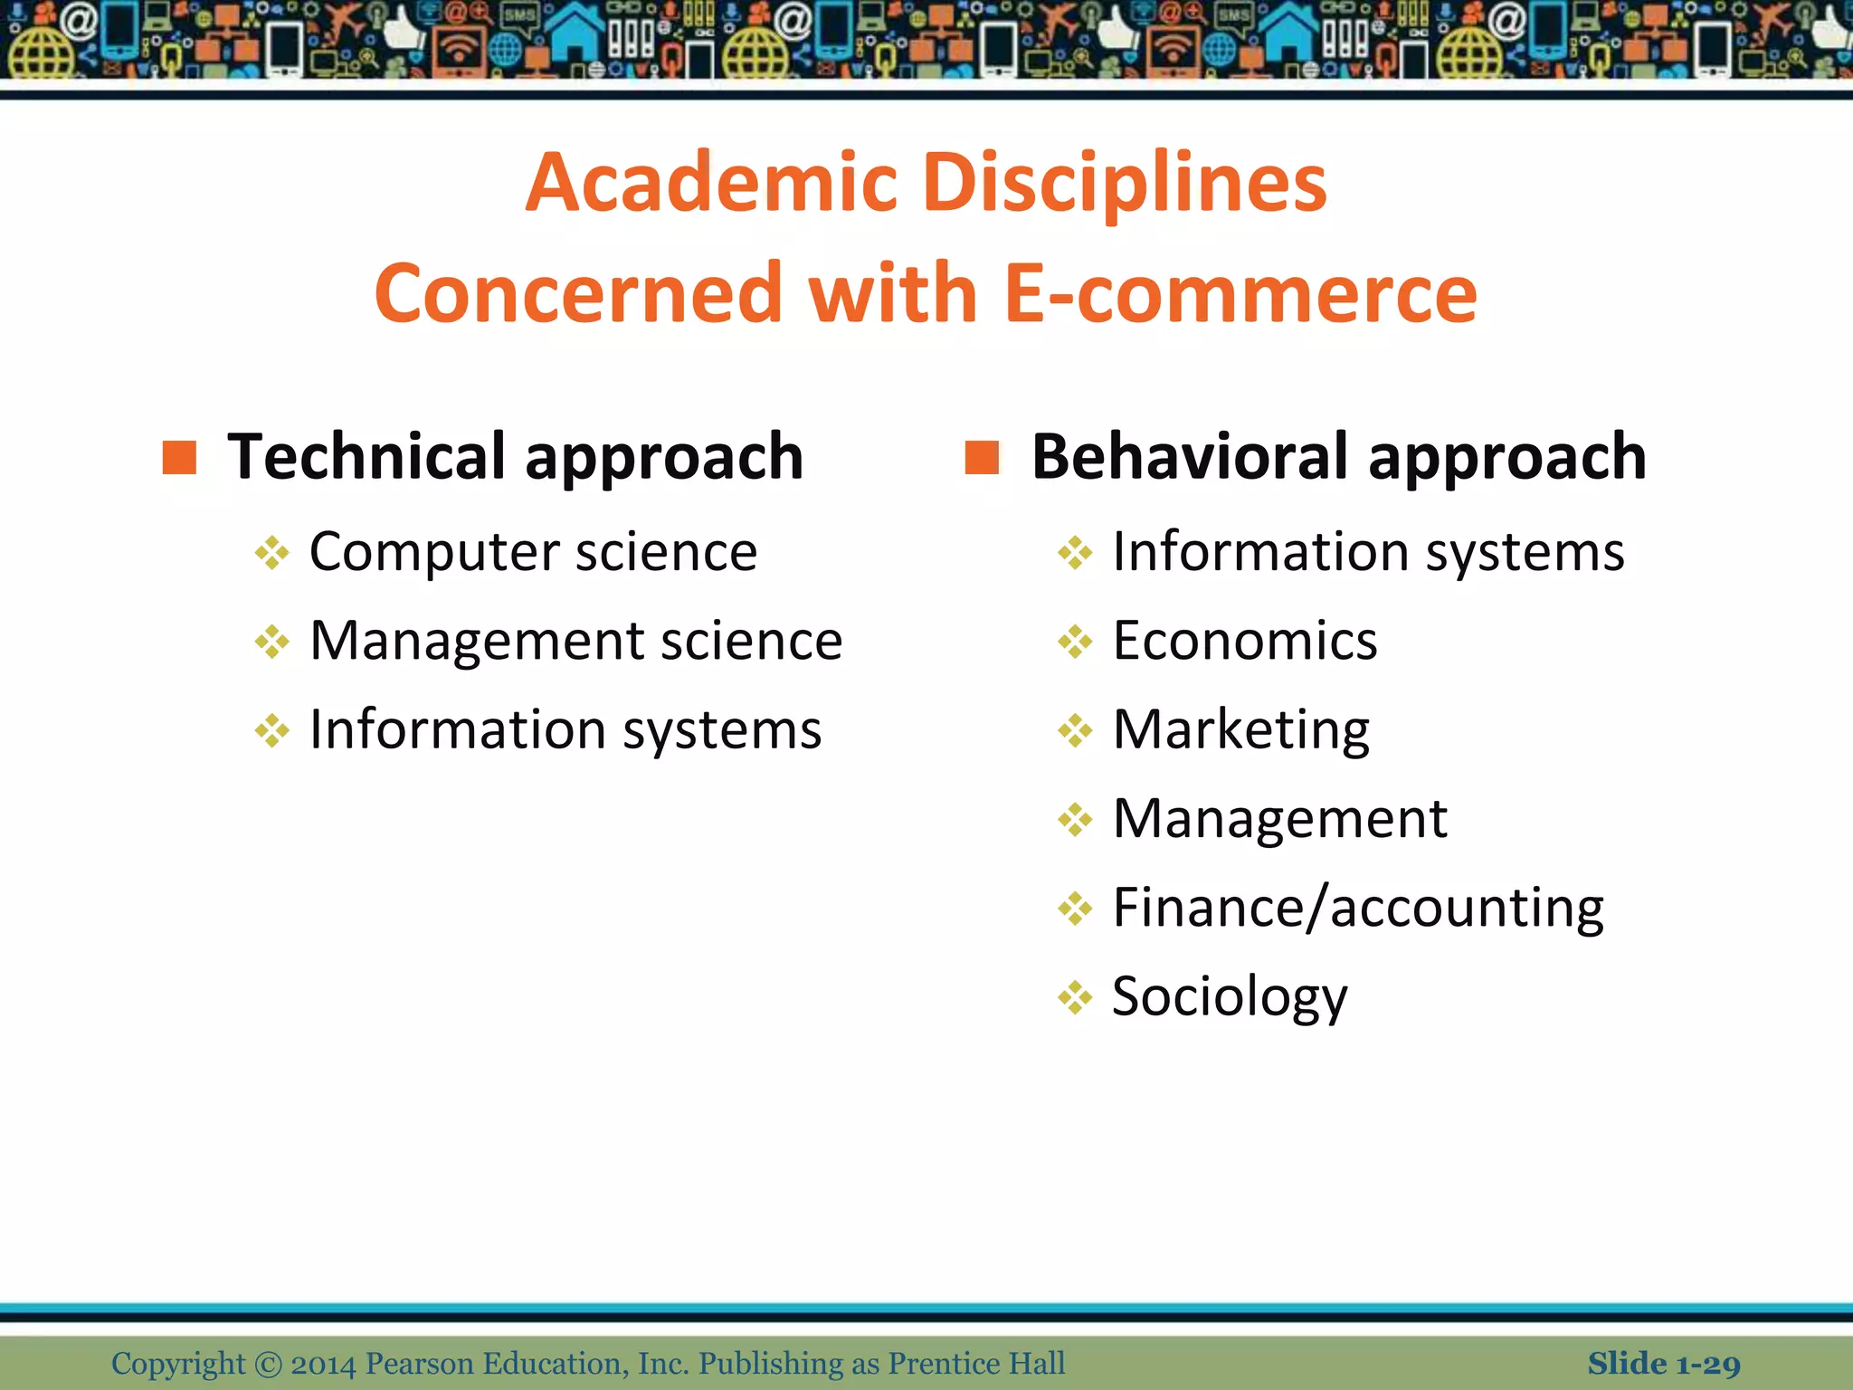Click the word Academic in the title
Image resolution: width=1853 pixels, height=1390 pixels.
coord(711,184)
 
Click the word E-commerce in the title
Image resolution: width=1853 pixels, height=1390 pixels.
coord(1240,294)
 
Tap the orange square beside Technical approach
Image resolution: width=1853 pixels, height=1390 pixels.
coord(179,458)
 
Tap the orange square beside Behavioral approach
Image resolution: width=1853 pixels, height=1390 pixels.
coord(982,458)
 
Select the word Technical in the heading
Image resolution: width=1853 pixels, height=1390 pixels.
coord(366,457)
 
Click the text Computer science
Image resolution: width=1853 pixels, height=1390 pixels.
coord(533,552)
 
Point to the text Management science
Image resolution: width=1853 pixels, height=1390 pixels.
coord(575,641)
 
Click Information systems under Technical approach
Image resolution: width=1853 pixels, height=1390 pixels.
coord(565,729)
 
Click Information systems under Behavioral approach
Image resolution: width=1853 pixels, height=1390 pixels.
coord(1368,552)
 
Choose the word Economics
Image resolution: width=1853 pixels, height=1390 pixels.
coord(1244,641)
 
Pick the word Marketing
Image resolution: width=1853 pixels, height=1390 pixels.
coord(1240,729)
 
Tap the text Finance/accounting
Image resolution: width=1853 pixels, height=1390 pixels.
coord(1357,908)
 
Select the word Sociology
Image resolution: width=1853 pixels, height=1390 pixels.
coord(1229,996)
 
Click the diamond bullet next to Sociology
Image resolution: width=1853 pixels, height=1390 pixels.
coord(1075,997)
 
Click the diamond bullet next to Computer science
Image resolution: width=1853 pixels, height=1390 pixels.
coord(271,553)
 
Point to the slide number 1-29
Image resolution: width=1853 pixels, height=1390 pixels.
coord(1707,1364)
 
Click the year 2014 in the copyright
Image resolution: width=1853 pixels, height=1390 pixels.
coord(323,1364)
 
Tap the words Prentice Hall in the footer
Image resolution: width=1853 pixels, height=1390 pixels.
coord(976,1364)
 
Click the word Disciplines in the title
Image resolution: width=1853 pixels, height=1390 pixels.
coord(1125,184)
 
